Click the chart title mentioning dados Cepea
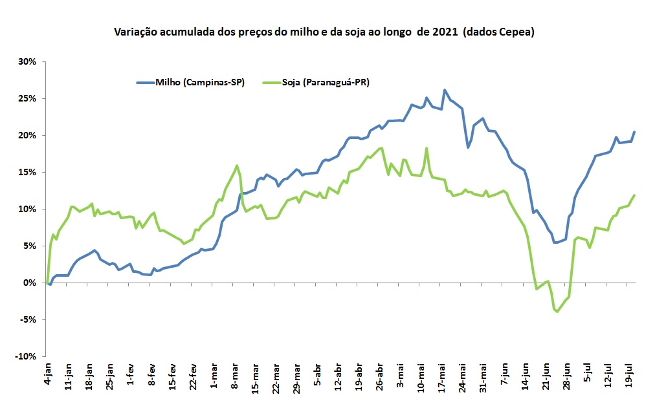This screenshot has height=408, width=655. (324, 32)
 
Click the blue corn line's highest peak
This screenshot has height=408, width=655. (445, 90)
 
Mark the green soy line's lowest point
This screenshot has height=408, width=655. (557, 312)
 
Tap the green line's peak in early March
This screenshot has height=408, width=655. (237, 166)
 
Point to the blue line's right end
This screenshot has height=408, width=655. (635, 132)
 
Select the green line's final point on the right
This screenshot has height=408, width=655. (635, 195)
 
